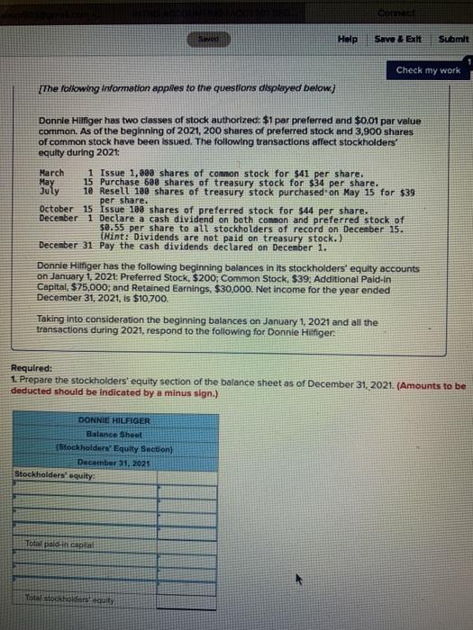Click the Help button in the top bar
click(x=348, y=40)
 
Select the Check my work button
click(x=427, y=70)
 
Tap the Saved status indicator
click(x=208, y=40)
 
